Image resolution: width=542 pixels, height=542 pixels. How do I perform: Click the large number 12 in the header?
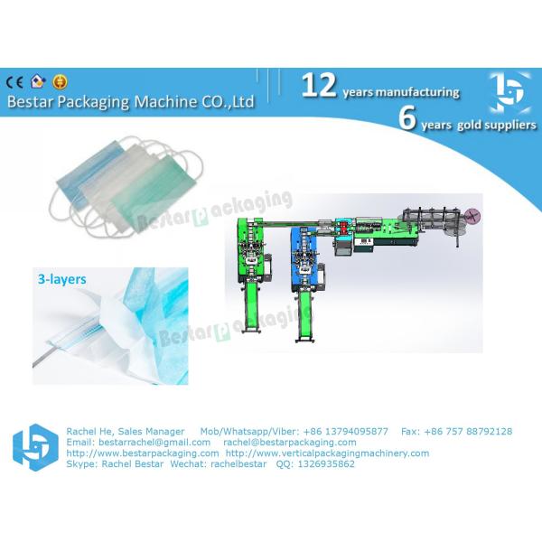[319, 86]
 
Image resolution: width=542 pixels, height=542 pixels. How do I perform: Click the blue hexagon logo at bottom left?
[34, 447]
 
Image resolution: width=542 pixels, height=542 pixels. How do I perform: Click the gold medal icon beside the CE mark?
[61, 80]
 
